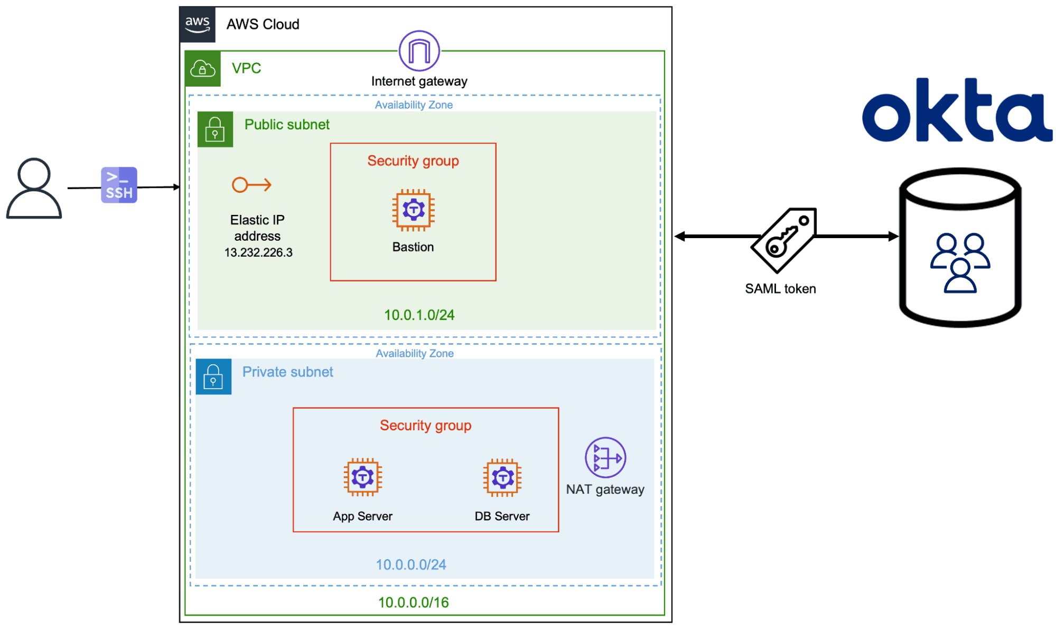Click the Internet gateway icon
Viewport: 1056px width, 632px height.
(419, 51)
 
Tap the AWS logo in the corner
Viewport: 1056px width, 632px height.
(198, 24)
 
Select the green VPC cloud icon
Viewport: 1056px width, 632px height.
(203, 69)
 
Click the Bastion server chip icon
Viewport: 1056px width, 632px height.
(413, 210)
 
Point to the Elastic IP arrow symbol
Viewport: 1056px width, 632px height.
(251, 185)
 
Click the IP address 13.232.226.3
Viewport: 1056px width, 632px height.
(258, 253)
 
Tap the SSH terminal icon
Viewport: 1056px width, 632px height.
(119, 185)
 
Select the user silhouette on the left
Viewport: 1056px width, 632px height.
(34, 188)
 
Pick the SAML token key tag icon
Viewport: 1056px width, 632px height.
(784, 240)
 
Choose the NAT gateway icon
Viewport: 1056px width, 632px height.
(605, 458)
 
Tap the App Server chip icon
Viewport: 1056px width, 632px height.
(362, 477)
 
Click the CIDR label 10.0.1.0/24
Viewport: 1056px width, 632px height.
(419, 315)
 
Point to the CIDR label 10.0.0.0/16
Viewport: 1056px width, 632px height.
(413, 603)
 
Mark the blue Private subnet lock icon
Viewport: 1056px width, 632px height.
(213, 377)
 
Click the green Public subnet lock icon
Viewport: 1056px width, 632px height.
(215, 129)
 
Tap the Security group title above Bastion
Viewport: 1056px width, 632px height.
(413, 161)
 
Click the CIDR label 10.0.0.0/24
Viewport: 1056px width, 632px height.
(410, 565)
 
